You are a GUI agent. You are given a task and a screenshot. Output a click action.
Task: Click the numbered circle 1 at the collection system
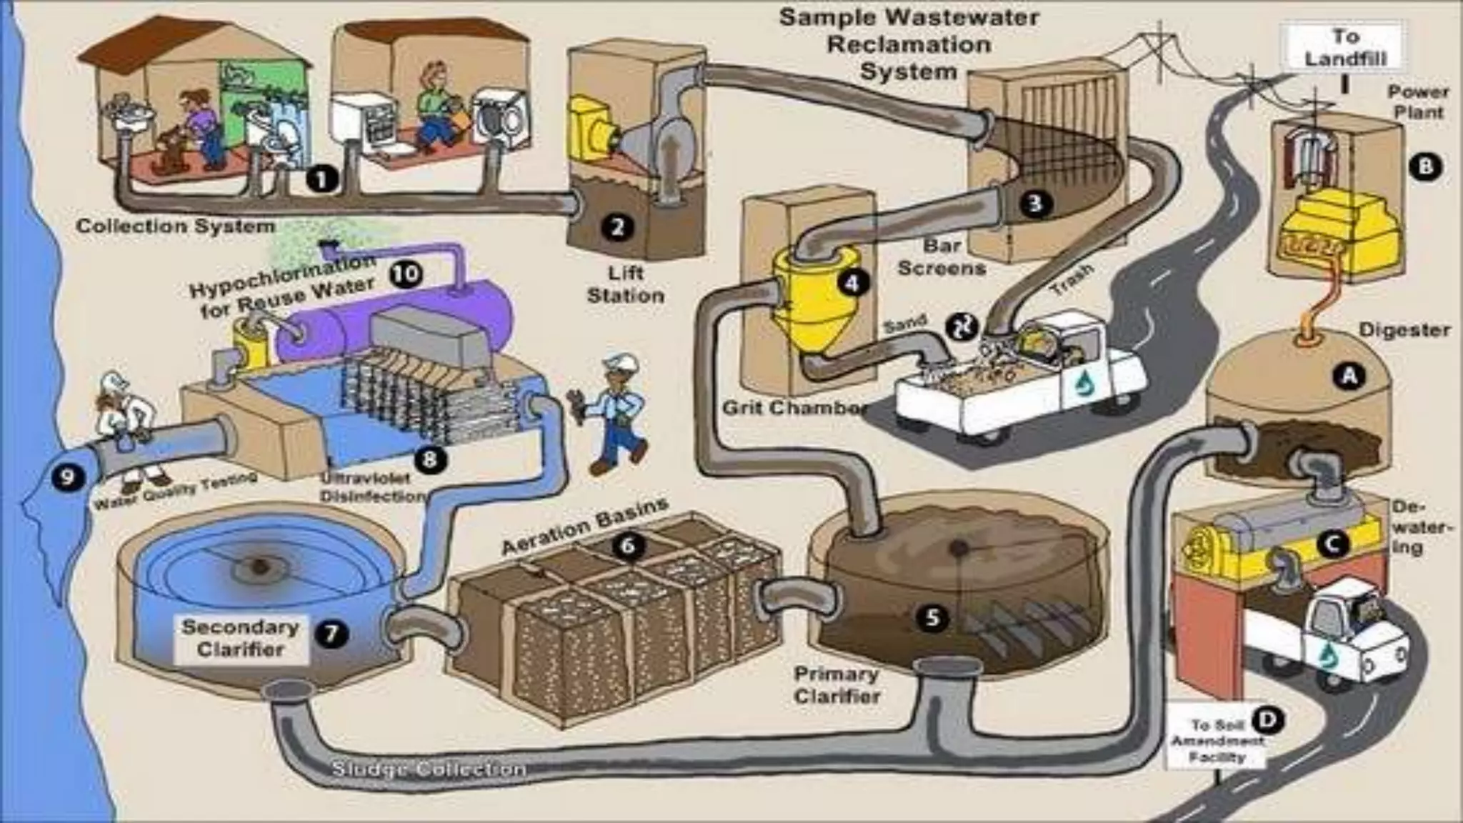[x=321, y=178]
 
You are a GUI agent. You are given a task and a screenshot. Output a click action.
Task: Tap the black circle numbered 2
[x=617, y=227]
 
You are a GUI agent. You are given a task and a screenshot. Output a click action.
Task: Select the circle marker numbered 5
[x=932, y=617]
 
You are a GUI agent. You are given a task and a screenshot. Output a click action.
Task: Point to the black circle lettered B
[x=1425, y=166]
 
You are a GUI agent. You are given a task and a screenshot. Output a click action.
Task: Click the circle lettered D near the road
[x=1268, y=720]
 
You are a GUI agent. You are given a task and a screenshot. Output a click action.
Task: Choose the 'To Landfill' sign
[x=1345, y=47]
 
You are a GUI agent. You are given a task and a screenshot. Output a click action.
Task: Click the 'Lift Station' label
[x=625, y=284]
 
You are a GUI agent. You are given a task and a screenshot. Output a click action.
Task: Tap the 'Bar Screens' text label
[x=942, y=257]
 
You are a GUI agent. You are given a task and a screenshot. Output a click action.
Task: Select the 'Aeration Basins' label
[x=584, y=526]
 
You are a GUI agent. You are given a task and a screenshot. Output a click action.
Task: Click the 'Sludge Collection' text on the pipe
[x=429, y=769]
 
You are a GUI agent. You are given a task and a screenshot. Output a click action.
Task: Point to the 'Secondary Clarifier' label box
[x=241, y=638]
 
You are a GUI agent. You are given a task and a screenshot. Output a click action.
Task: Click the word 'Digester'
[x=1404, y=330]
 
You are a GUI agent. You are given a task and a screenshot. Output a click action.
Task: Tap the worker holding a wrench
[x=614, y=414]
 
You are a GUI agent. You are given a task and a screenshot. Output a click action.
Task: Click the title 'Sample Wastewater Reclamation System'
[x=909, y=44]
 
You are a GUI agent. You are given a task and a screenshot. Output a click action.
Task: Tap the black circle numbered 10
[x=406, y=274]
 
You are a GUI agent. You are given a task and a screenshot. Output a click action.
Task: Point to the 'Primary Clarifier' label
[x=836, y=685]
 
